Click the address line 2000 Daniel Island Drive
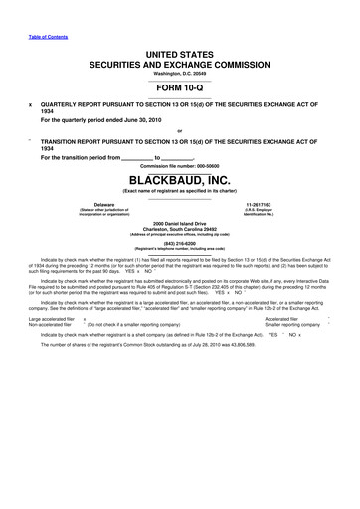pos(179,221)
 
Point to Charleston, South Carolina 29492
pos(179,228)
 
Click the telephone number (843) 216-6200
pos(179,245)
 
